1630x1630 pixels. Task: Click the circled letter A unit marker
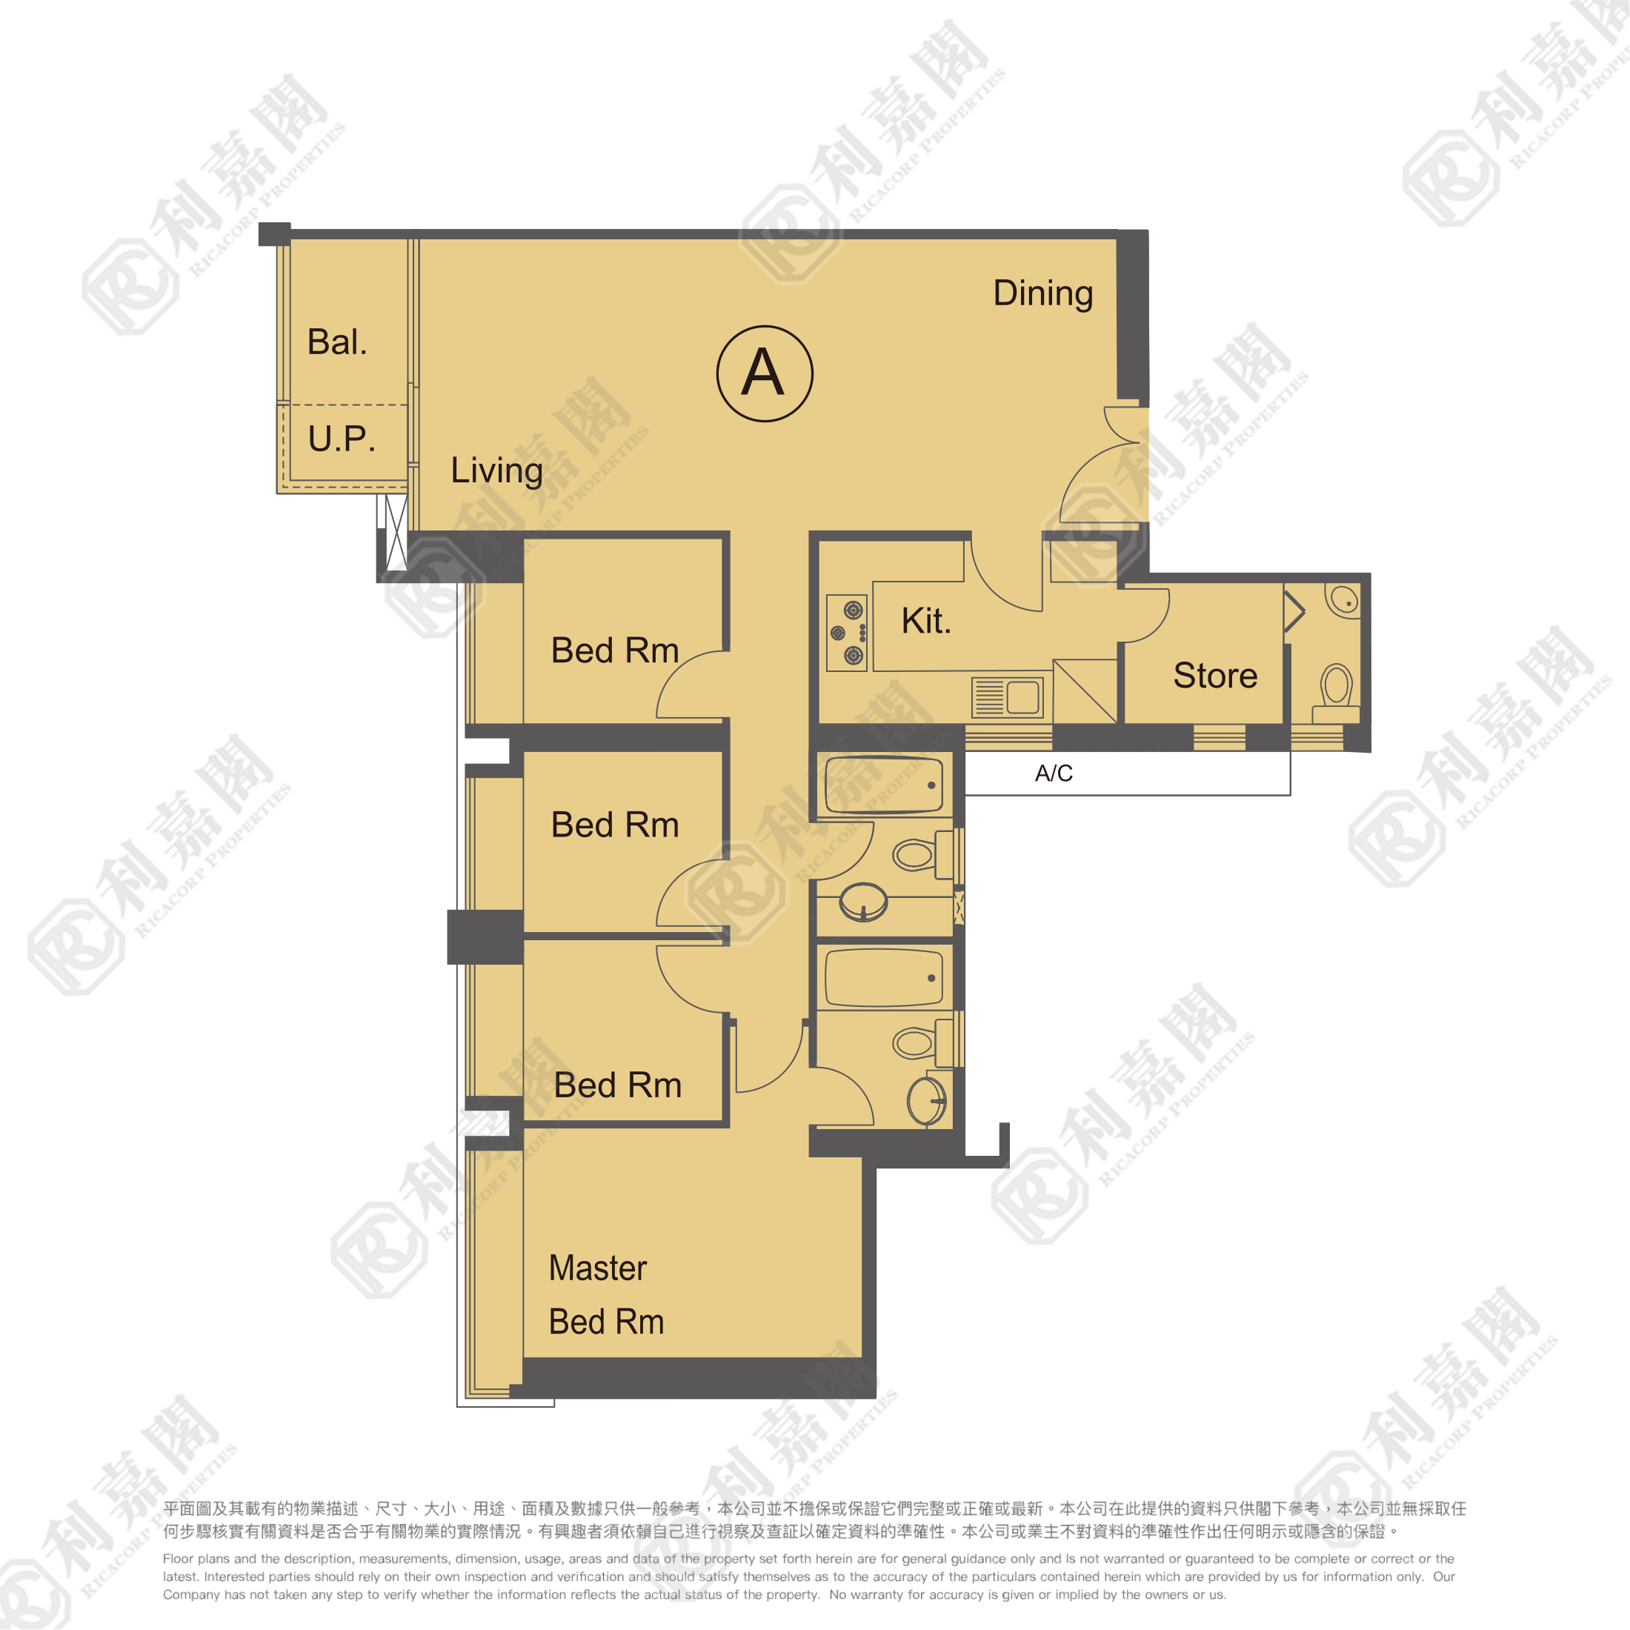point(765,373)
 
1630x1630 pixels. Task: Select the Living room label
point(496,470)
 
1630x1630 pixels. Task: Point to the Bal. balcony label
point(337,342)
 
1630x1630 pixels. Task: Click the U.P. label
point(342,438)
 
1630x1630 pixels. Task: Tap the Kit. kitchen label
point(926,620)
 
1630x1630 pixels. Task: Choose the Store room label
point(1215,675)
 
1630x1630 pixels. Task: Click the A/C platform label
point(1054,773)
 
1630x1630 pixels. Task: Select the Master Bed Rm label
point(606,1294)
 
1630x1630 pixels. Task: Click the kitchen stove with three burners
point(847,633)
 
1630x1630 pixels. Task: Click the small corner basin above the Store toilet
point(1343,601)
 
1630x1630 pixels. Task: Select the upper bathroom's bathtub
point(883,785)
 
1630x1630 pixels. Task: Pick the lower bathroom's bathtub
point(883,978)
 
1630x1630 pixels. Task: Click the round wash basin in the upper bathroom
point(863,902)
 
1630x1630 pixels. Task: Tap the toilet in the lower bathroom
point(923,1042)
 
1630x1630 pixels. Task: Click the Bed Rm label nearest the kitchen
point(614,651)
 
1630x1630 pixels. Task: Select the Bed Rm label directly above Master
point(618,1085)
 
